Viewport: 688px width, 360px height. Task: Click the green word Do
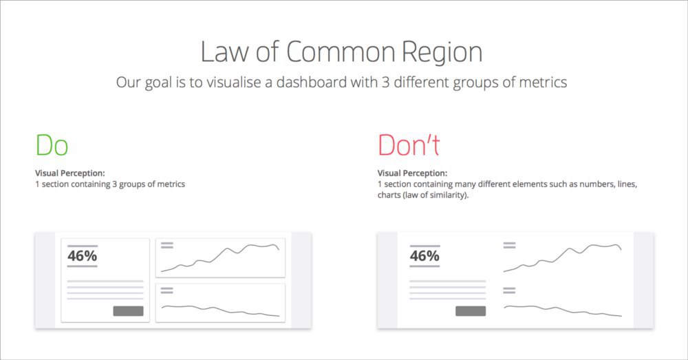[52, 145]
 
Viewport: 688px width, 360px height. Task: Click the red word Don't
[409, 145]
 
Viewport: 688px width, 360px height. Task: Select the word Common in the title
[341, 52]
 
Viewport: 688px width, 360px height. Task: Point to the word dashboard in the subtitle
[311, 82]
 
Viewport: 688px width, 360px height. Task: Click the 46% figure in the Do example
[82, 255]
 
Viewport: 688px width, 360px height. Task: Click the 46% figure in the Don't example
[424, 255]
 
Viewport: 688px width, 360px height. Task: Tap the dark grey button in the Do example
[128, 311]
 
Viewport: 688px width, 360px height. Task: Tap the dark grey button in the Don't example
[471, 311]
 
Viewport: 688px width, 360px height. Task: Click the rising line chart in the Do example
[219, 258]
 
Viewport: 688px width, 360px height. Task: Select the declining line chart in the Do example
[219, 310]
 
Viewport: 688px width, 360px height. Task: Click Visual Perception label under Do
[70, 173]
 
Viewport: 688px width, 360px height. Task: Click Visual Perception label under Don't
[412, 173]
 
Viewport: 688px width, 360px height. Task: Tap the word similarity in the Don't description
[448, 195]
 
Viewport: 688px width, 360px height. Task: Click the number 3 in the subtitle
[385, 82]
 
